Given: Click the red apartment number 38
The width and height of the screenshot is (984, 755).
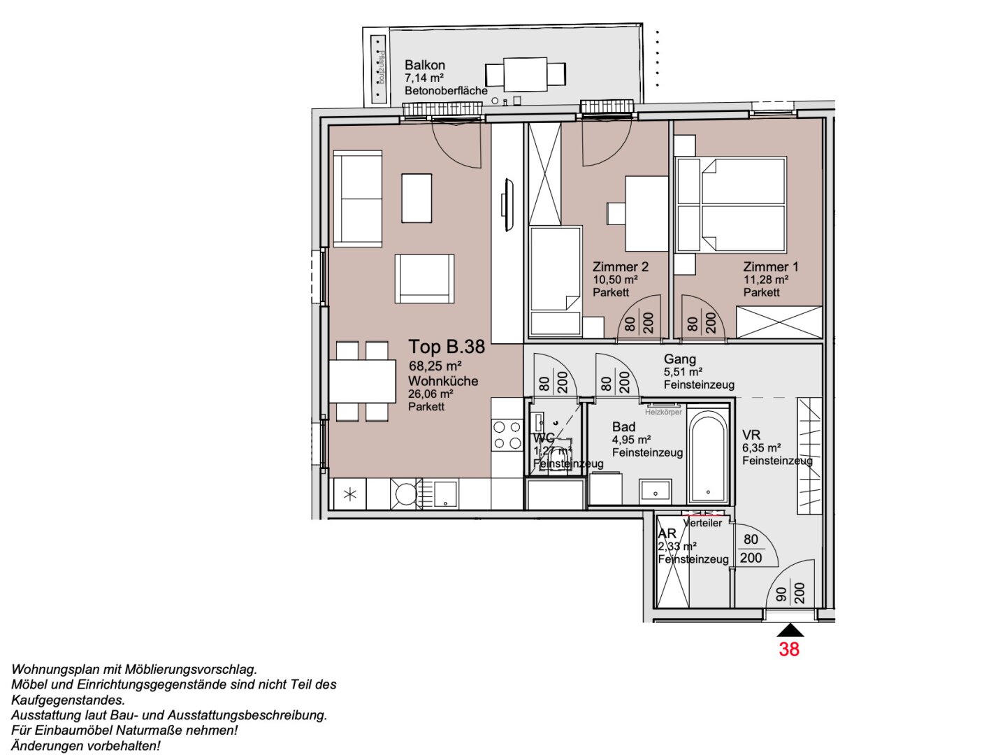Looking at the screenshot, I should click(789, 649).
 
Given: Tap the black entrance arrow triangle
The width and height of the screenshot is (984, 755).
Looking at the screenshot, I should click(790, 631).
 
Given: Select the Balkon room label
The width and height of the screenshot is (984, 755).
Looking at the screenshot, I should click(424, 65).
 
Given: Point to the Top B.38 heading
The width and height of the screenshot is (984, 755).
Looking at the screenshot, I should click(446, 347).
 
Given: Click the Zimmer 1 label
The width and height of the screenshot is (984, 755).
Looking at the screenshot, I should click(770, 267).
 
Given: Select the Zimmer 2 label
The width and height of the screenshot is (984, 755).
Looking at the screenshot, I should click(620, 267).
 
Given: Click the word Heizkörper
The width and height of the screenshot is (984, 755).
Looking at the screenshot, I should click(663, 412).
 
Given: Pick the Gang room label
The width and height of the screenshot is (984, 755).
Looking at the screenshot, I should click(679, 359).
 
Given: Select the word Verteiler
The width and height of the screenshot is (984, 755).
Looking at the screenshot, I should click(703, 523).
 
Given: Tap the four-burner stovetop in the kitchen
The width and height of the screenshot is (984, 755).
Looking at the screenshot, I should click(507, 434).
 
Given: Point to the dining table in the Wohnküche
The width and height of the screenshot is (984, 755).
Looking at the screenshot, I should click(362, 381).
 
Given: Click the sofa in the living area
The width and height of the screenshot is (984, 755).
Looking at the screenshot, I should click(358, 199).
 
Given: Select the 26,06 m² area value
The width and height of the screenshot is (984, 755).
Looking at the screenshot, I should click(430, 394).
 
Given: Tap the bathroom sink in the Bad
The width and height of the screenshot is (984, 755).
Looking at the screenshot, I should click(655, 490).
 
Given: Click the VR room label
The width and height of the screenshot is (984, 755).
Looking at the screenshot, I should click(751, 435).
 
